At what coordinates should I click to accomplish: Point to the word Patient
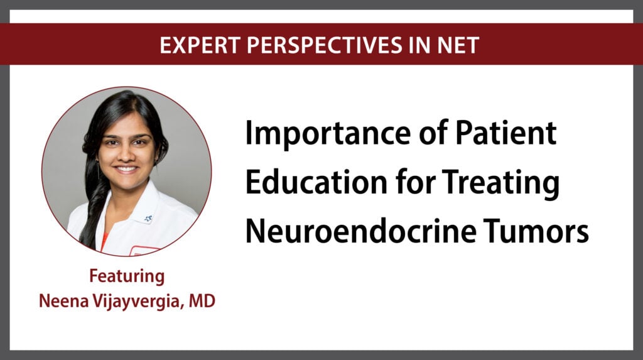505,133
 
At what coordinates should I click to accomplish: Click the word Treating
500,183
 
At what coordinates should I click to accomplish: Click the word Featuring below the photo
127,276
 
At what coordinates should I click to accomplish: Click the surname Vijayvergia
137,302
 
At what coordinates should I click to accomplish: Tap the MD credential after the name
202,301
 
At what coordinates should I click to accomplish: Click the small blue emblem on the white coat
148,219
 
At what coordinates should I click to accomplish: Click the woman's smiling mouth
126,168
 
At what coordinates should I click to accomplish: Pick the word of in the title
433,133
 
